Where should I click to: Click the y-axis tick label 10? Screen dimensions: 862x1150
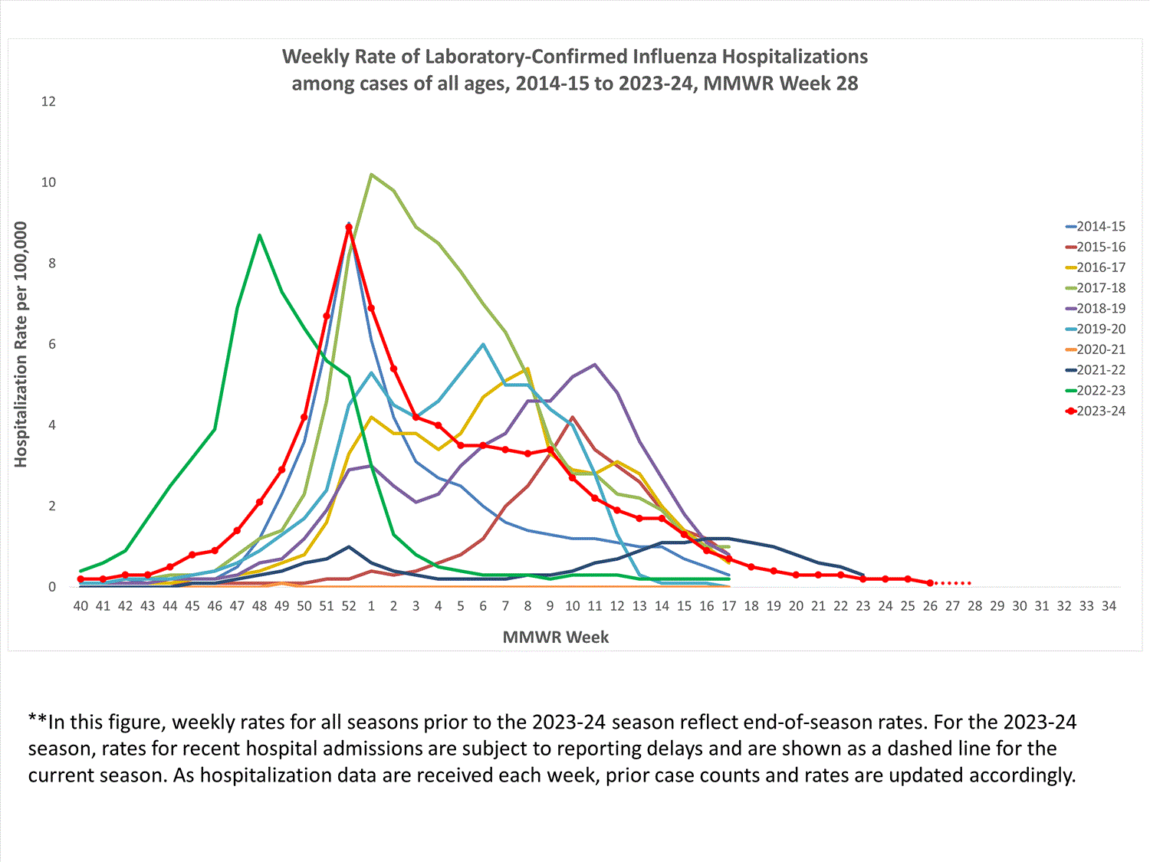[x=48, y=182]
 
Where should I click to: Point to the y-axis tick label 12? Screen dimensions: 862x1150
[x=48, y=102]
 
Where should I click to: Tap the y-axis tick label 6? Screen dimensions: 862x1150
[x=52, y=345]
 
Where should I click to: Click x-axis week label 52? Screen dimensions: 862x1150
[x=349, y=606]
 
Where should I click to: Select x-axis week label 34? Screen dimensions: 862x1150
[x=1109, y=606]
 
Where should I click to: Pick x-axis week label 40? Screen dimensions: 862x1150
[x=80, y=606]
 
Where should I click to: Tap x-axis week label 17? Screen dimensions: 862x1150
[x=729, y=606]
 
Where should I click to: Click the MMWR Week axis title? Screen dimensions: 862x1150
[x=556, y=637]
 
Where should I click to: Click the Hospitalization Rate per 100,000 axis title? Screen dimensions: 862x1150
[x=21, y=345]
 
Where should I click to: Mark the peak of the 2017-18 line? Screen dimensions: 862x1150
[x=371, y=174]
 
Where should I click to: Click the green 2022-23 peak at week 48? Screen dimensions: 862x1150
[x=259, y=234]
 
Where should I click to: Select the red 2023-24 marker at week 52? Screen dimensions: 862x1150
[x=349, y=228]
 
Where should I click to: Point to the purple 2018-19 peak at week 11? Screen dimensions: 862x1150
[x=595, y=365]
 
